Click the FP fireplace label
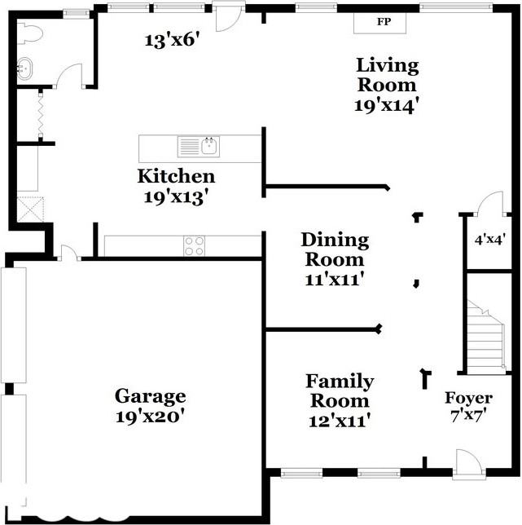(x=384, y=22)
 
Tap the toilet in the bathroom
(x=30, y=33)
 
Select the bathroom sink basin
(x=24, y=68)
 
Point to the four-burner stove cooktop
(x=195, y=246)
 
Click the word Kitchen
(x=176, y=176)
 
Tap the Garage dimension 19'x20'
(x=151, y=417)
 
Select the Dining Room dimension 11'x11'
(x=335, y=280)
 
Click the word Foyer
(x=468, y=398)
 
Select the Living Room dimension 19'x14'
(x=387, y=106)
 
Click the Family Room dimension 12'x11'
(x=340, y=421)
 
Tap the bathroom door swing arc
(x=68, y=75)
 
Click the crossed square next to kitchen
(x=30, y=210)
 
